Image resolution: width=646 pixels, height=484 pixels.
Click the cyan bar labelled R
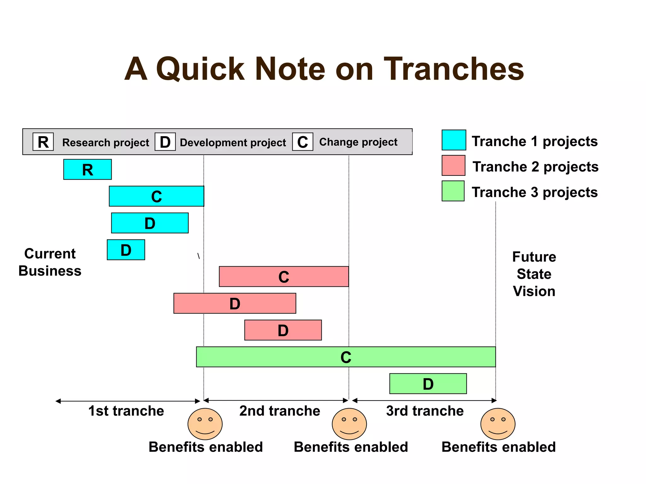click(87, 170)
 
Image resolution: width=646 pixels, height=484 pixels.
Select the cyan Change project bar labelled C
click(156, 196)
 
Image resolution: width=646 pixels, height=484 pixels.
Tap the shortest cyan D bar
click(126, 250)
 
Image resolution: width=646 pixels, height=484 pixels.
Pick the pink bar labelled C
click(284, 277)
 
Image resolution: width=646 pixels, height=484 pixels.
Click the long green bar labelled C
click(346, 357)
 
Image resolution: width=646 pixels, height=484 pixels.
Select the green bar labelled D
click(428, 384)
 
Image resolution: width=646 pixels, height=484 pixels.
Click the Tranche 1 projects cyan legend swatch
click(454, 140)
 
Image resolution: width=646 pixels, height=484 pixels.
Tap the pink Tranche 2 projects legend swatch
click(453, 165)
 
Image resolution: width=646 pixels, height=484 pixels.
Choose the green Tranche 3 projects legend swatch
click(453, 191)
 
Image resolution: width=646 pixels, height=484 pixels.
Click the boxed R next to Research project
click(43, 142)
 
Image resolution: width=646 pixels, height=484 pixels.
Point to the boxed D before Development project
click(165, 142)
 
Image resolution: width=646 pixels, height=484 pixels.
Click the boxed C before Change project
click(302, 142)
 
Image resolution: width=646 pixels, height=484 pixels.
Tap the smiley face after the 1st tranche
click(205, 424)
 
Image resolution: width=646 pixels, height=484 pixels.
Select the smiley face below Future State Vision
click(498, 424)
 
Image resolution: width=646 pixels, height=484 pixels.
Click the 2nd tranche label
click(279, 411)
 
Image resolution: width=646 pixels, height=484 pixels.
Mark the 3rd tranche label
click(425, 411)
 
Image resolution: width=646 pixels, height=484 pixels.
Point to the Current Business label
click(50, 262)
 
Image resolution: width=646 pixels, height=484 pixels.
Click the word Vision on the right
click(534, 291)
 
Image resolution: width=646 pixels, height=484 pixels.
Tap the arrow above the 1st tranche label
click(128, 401)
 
